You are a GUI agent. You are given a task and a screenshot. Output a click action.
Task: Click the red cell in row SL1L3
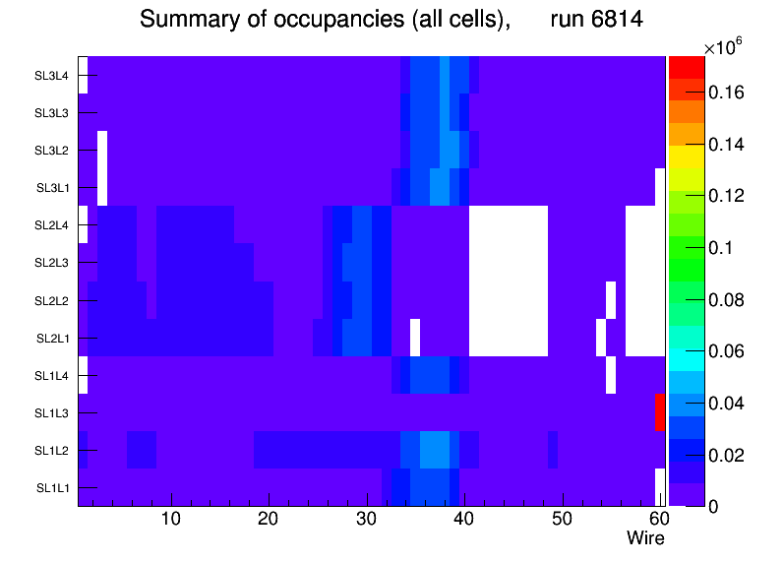[660, 412]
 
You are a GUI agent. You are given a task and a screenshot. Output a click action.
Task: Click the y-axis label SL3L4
[51, 76]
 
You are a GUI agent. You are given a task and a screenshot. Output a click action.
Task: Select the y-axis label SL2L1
[52, 339]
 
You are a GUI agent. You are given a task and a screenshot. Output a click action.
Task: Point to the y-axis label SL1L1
[52, 487]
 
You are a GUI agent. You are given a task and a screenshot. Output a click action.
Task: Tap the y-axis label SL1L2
[51, 451]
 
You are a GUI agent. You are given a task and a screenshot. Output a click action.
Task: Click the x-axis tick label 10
[171, 519]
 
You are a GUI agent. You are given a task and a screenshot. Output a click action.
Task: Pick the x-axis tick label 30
[367, 519]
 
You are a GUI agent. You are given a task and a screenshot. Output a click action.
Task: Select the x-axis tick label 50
[563, 519]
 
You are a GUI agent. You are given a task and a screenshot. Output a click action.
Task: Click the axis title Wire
[645, 538]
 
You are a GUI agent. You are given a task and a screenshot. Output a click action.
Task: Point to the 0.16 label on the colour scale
[726, 93]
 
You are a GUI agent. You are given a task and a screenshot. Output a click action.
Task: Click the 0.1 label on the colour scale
[720, 248]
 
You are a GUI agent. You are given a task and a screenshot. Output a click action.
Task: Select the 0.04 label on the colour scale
[726, 404]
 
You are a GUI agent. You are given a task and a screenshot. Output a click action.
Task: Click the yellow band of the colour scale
[687, 156]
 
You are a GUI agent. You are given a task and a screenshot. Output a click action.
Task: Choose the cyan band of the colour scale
[687, 359]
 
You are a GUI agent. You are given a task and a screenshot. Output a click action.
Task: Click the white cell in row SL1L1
[660, 487]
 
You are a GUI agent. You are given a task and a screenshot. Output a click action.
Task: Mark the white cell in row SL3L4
[83, 75]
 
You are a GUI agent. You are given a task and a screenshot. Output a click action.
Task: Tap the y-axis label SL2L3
[51, 263]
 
